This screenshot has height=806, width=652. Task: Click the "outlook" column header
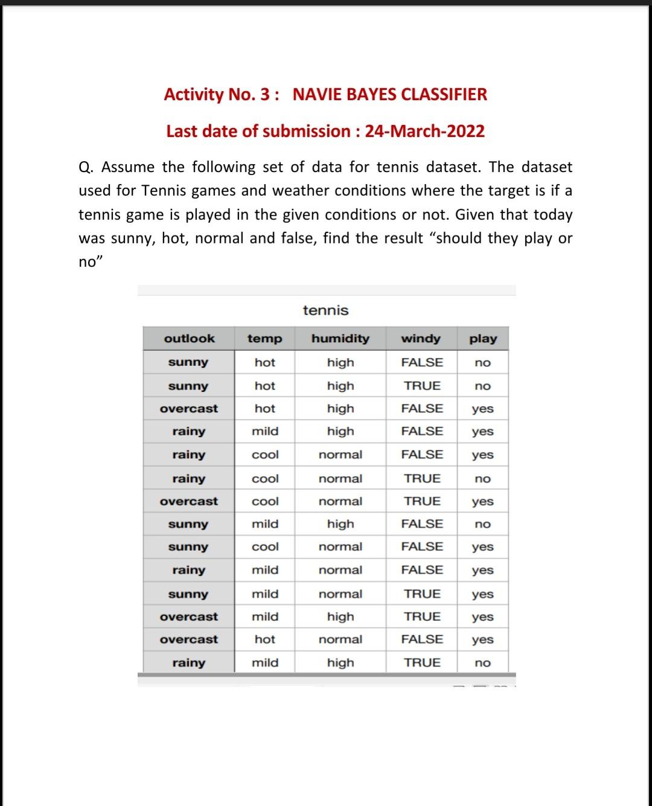click(189, 339)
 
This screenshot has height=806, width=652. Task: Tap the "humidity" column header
click(340, 339)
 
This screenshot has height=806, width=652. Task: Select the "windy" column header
click(421, 339)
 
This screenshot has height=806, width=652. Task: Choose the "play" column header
click(483, 339)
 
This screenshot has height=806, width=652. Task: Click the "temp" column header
click(264, 339)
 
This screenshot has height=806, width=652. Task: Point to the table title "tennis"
click(325, 310)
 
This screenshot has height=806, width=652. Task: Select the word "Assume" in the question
click(128, 167)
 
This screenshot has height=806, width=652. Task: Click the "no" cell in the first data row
click(482, 363)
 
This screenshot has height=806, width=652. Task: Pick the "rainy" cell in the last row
click(188, 663)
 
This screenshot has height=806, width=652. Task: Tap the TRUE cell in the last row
click(422, 663)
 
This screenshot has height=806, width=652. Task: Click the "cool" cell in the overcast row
click(265, 502)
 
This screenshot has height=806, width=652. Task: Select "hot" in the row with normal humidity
click(265, 639)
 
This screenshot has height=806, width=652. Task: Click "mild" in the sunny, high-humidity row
click(265, 524)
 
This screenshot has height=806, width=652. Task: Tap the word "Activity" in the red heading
click(194, 95)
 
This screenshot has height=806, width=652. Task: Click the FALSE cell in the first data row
click(422, 363)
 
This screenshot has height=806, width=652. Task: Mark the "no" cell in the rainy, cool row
click(482, 479)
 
